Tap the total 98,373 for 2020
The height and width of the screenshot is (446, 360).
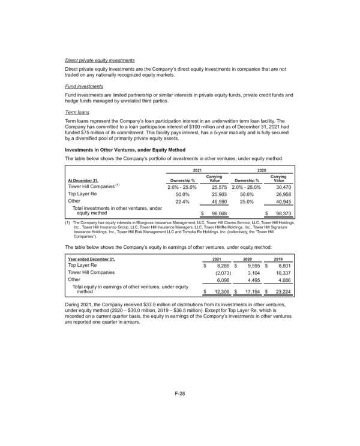tap(280, 213)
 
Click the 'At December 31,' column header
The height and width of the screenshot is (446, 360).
tap(80, 179)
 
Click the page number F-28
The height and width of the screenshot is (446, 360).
tap(179, 394)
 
